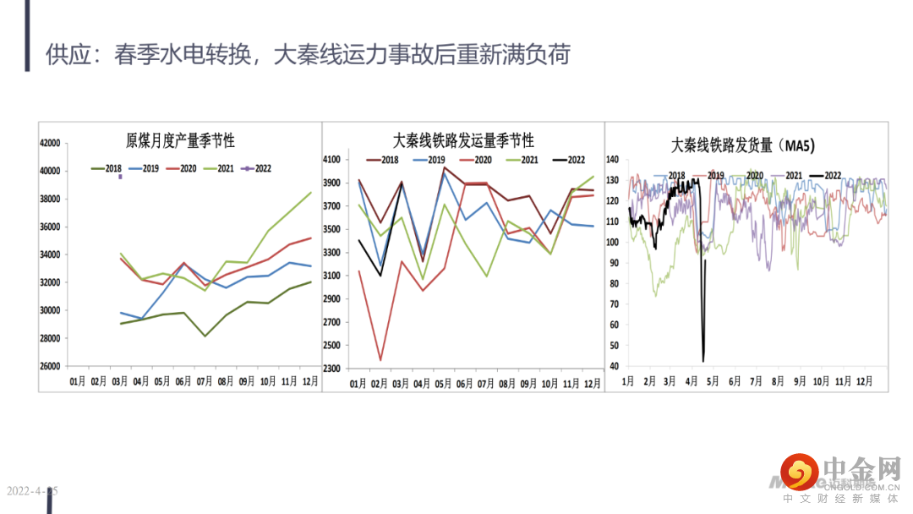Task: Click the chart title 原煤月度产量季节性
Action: (x=180, y=141)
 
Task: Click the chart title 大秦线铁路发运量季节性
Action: (x=463, y=140)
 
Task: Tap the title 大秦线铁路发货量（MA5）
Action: (x=743, y=145)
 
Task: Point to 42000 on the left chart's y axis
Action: (x=51, y=144)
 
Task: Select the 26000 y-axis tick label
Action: (x=51, y=366)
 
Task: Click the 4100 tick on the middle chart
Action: (x=332, y=160)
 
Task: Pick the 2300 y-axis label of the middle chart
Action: (x=332, y=369)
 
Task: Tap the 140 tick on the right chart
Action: (x=614, y=159)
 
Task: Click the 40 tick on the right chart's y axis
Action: (x=616, y=366)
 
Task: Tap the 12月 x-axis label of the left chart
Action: (x=310, y=381)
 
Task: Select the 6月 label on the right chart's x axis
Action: (x=735, y=381)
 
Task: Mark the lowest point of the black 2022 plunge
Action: (x=703, y=360)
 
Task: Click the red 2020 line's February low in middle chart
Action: (x=380, y=360)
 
